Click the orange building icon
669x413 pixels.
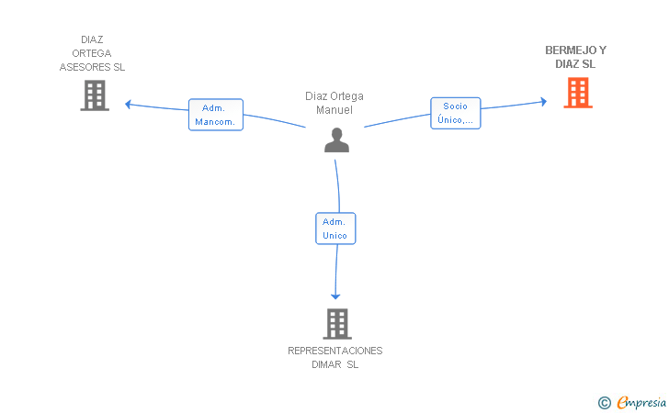coord(578,93)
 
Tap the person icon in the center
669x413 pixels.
coord(336,140)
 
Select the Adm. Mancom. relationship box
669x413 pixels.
coord(216,115)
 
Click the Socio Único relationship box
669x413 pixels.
coord(455,113)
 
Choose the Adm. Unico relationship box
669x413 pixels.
coord(335,229)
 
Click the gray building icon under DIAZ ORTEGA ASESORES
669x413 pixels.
coord(95,95)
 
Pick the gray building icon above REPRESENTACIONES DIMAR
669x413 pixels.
coord(337,324)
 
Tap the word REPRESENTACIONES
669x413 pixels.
coord(334,351)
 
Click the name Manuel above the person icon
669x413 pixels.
coord(334,110)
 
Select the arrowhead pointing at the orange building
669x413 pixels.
coord(544,102)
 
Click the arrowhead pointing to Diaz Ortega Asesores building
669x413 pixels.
coord(128,104)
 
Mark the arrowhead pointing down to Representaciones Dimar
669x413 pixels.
coord(335,296)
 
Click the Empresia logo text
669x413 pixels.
coord(641,402)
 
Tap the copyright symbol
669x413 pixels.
coord(604,403)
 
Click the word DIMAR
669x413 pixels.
coord(326,365)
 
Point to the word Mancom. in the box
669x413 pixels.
coord(215,122)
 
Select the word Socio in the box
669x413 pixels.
coord(455,106)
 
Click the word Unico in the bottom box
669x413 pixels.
coord(334,235)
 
